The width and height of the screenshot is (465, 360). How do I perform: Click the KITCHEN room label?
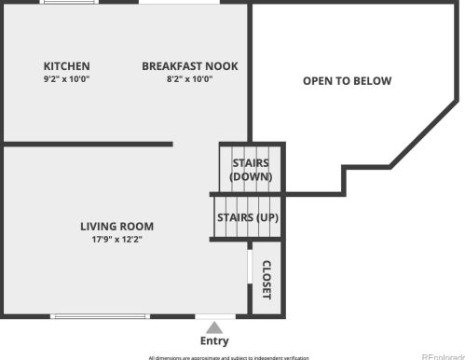click(67, 66)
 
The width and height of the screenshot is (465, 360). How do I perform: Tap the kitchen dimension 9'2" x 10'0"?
click(67, 78)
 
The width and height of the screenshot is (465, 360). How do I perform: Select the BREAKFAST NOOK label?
click(190, 66)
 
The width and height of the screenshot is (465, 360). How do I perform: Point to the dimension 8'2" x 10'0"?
click(190, 78)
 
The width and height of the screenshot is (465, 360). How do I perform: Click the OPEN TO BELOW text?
click(347, 81)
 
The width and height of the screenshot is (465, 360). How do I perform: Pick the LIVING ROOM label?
click(116, 226)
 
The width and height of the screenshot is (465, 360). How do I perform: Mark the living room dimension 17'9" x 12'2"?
click(116, 239)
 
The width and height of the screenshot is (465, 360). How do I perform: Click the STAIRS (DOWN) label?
click(250, 170)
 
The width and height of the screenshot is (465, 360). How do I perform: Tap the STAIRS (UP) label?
click(247, 217)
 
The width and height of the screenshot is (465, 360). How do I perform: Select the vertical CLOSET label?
click(267, 280)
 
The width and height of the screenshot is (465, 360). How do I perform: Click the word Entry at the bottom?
click(214, 341)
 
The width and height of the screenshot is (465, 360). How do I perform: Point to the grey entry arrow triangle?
click(214, 327)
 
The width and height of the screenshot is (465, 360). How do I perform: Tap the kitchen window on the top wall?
click(68, 2)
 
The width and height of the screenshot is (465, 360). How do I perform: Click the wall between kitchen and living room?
click(89, 145)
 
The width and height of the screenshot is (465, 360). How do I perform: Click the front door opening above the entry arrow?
click(214, 316)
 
